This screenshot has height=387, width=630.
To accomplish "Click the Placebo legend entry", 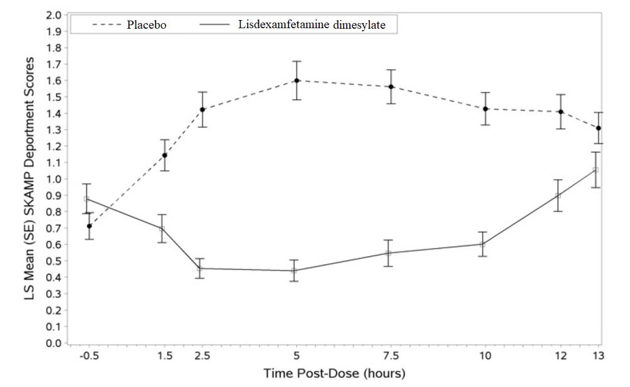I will tap(132, 26).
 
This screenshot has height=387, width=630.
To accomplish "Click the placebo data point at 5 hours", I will tap(297, 80).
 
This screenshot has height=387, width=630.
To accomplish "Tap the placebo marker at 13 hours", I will tap(599, 128).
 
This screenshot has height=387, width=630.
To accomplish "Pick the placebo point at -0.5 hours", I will tap(90, 226).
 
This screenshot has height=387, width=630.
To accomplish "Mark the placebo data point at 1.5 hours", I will tap(165, 155).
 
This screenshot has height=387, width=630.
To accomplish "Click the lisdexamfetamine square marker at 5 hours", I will tap(293, 271).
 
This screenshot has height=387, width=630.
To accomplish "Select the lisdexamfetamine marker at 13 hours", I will tap(596, 170).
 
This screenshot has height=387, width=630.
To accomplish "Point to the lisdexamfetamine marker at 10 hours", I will tap(482, 244).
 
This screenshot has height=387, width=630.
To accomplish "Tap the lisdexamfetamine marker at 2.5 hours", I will tap(200, 269).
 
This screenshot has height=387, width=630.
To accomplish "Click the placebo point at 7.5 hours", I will tap(391, 86).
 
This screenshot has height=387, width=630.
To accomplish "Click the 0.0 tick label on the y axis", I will tap(55, 343).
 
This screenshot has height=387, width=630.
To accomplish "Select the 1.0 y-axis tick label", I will tap(55, 179).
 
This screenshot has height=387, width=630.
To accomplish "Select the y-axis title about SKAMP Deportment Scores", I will tap(28, 179).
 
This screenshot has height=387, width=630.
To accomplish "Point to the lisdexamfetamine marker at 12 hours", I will tap(558, 195).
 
